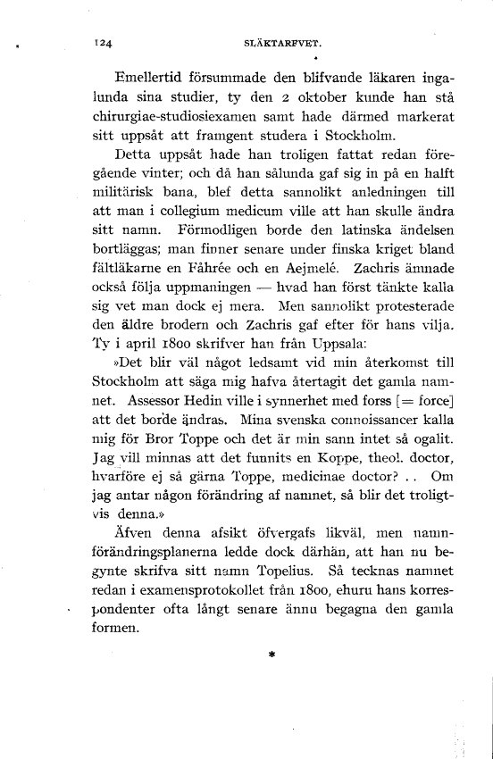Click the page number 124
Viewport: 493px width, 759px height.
pyautogui.click(x=113, y=41)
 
